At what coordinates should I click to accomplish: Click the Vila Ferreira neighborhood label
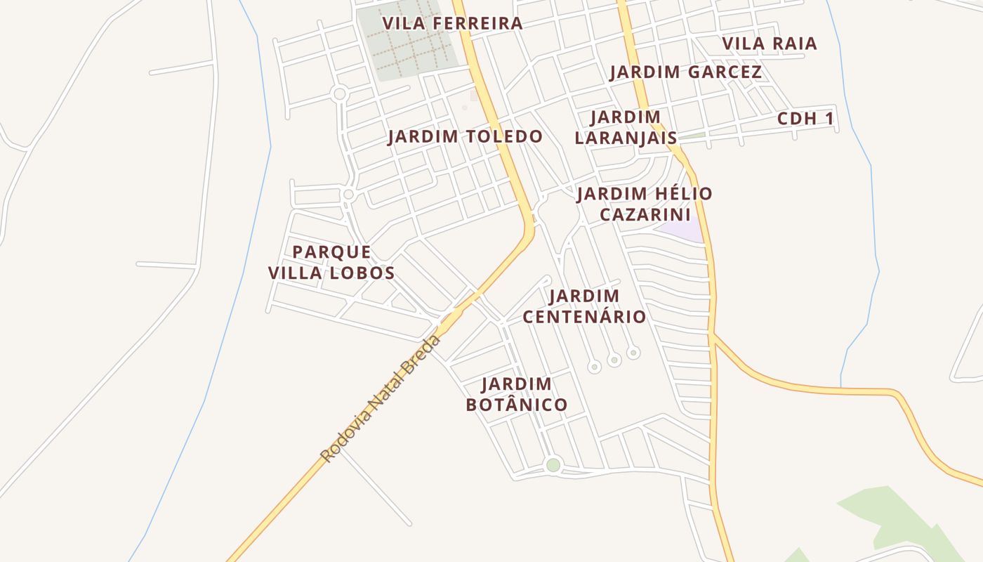(x=453, y=23)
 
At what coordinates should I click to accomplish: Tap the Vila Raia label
(x=770, y=44)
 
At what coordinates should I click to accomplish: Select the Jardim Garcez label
(x=685, y=72)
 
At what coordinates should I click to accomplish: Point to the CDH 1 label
(x=805, y=119)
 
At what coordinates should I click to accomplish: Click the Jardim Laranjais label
(x=625, y=127)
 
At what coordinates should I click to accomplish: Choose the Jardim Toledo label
(x=465, y=136)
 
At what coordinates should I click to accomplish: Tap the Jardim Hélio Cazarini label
(x=645, y=204)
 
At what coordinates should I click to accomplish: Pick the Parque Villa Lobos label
(x=331, y=262)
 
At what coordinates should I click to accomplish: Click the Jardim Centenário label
(x=584, y=306)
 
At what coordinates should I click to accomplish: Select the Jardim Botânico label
(x=517, y=394)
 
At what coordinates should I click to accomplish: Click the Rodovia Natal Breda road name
(x=381, y=398)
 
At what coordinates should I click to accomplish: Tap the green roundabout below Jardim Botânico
(x=553, y=465)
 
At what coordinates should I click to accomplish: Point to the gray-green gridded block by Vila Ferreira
(x=407, y=42)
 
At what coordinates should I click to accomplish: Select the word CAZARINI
(x=645, y=214)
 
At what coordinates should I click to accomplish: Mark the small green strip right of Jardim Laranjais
(x=694, y=136)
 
